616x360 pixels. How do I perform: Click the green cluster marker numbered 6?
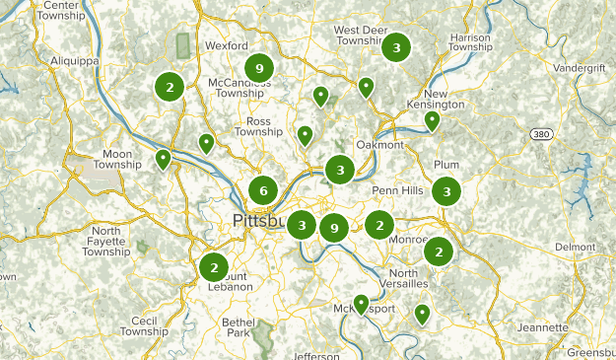[263, 190]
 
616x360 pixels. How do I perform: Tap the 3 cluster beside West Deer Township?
[396, 46]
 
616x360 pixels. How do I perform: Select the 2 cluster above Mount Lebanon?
[213, 266]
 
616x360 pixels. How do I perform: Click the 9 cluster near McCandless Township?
[258, 67]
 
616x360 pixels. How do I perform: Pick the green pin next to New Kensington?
[432, 120]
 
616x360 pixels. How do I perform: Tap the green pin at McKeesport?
[362, 304]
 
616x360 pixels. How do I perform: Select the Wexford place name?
[226, 45]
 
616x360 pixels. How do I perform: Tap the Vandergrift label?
[580, 68]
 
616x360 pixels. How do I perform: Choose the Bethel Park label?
[238, 327]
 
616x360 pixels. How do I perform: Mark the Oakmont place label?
[379, 144]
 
